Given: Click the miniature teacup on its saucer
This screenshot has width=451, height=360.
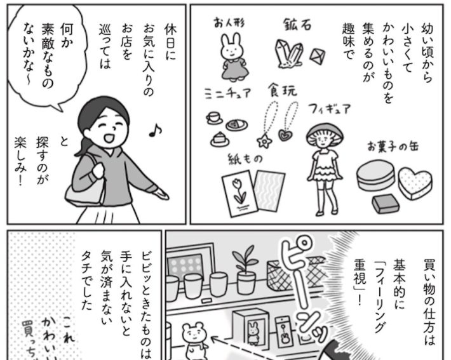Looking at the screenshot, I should (x=213, y=118).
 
